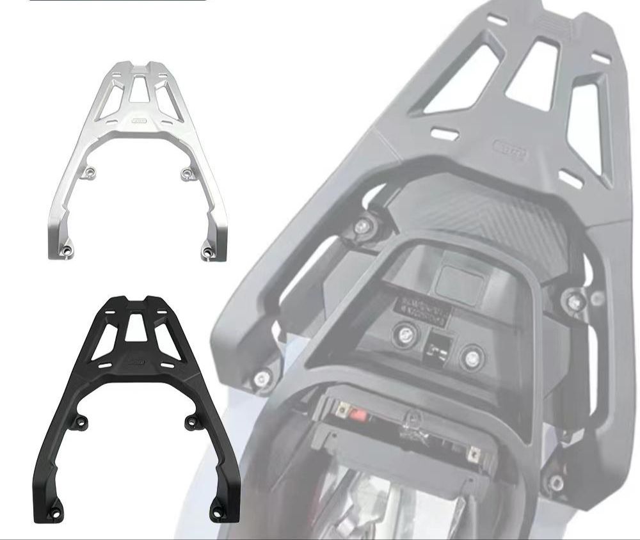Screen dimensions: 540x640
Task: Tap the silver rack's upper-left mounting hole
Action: point(91,171)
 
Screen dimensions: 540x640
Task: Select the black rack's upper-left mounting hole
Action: point(81,422)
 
